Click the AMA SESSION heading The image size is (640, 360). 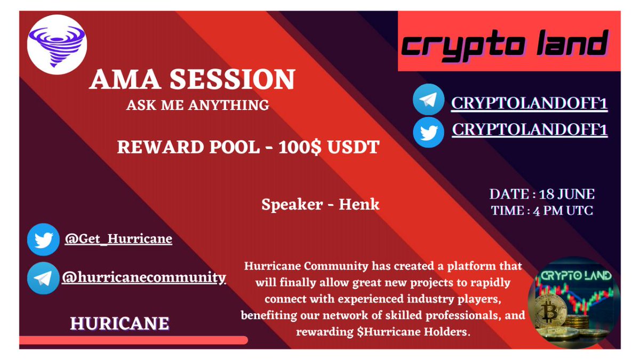192,80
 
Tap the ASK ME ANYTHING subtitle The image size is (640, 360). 197,105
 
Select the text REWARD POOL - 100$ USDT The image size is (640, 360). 248,147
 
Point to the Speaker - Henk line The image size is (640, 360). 321,204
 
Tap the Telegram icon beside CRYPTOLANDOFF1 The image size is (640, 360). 428,100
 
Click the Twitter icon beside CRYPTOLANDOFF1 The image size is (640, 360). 428,130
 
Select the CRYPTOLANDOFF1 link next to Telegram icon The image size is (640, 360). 529,102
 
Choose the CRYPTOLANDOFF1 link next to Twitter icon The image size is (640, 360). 529,130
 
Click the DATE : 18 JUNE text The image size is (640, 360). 542,194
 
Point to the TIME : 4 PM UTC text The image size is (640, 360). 542,210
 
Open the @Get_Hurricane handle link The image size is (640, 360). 118,238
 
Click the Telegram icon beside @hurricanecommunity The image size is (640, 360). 43,278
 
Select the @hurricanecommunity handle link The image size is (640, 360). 143,277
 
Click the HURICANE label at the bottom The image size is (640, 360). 119,323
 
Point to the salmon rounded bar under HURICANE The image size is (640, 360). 133,340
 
